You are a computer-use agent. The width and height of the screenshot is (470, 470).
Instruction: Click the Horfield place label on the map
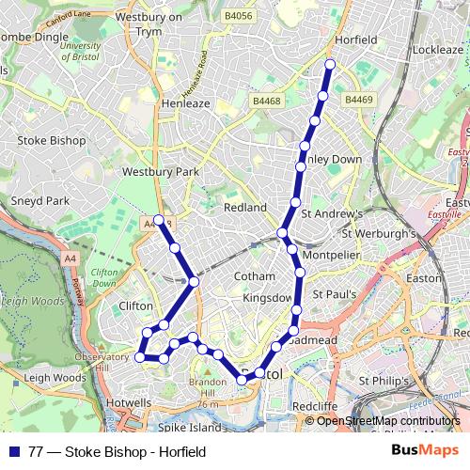(355, 40)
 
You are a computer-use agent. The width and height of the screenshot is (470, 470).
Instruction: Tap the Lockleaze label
(437, 48)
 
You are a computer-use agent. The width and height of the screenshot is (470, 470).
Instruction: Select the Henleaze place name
(186, 103)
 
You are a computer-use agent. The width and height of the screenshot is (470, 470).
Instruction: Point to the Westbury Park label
(161, 172)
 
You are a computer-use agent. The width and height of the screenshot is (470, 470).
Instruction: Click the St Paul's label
(334, 294)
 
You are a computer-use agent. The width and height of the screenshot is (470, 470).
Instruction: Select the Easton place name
(423, 278)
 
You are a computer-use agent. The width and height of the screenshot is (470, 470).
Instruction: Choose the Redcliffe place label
(315, 405)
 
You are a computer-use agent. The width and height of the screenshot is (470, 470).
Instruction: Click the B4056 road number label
(267, 16)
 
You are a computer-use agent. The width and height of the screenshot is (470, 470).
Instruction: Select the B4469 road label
(359, 99)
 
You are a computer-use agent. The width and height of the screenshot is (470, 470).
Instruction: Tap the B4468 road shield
(266, 99)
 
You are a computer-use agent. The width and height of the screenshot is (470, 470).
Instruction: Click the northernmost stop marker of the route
(330, 64)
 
